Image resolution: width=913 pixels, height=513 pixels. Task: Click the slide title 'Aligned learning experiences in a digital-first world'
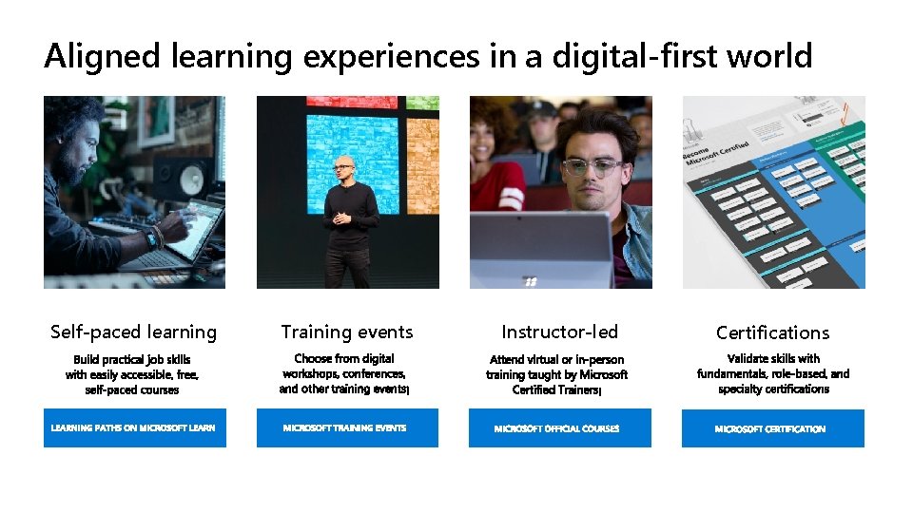tap(428, 57)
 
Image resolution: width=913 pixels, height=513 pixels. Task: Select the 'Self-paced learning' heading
tap(133, 332)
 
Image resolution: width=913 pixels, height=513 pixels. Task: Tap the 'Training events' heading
tap(347, 332)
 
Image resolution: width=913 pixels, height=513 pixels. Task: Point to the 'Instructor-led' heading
tap(559, 332)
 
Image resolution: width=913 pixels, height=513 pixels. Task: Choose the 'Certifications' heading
tap(772, 333)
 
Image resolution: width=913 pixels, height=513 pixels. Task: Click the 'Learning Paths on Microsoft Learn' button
tap(134, 428)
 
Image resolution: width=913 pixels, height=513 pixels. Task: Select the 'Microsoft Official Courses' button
tap(559, 428)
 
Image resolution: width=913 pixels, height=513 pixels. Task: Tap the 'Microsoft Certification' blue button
tap(772, 428)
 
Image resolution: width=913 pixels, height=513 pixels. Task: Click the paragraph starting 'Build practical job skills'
tap(132, 374)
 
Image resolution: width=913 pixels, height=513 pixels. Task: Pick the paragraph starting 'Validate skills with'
tap(772, 373)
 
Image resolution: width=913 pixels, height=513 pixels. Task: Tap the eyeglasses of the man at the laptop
tap(592, 167)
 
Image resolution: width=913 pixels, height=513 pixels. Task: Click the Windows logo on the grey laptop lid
tap(531, 280)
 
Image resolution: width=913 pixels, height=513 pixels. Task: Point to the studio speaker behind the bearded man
tap(194, 177)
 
